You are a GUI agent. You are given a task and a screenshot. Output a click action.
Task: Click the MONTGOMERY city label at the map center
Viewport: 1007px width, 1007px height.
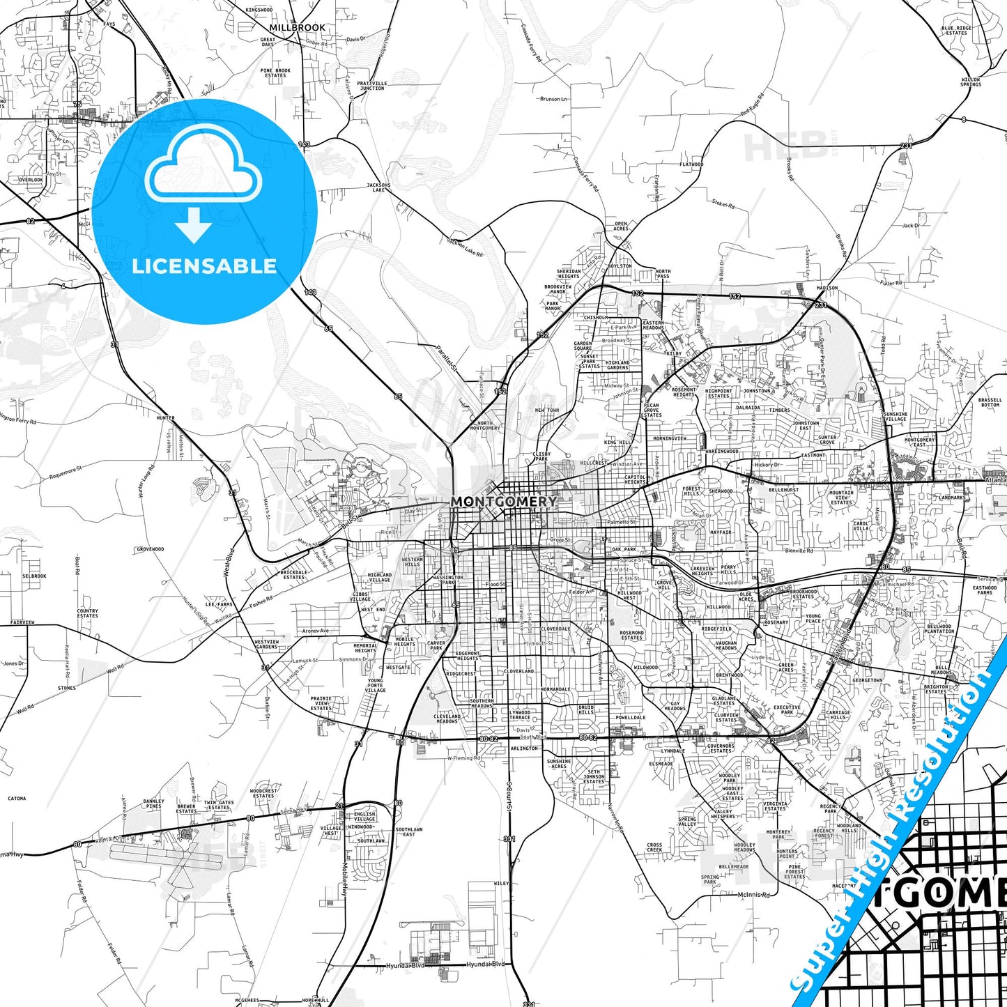(x=503, y=501)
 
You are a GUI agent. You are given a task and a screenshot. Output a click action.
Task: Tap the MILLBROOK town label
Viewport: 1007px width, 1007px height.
(x=297, y=27)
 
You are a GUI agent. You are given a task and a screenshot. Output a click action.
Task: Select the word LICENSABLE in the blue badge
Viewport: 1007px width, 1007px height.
(x=204, y=266)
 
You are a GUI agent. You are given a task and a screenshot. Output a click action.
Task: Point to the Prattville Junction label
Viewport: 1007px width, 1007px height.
(x=371, y=86)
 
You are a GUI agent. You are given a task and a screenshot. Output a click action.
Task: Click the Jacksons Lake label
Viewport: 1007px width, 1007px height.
(x=378, y=187)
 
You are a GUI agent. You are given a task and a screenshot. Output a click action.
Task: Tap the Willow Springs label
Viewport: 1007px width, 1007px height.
(x=971, y=82)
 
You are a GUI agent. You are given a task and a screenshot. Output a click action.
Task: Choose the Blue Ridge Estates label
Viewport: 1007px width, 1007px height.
(x=956, y=31)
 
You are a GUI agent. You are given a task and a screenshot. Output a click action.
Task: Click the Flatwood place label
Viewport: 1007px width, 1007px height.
(x=691, y=164)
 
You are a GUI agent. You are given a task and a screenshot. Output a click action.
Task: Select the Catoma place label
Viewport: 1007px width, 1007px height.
(x=17, y=799)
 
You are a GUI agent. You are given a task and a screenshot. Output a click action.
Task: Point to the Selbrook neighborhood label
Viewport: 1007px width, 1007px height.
(x=34, y=576)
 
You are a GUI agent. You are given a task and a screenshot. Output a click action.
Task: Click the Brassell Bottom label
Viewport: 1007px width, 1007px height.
(x=990, y=402)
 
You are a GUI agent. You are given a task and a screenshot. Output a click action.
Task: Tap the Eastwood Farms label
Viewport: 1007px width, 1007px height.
(x=985, y=590)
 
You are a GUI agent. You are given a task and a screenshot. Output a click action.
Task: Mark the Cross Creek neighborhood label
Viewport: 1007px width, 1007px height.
(x=654, y=847)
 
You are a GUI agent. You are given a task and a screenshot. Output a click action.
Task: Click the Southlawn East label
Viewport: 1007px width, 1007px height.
(x=409, y=831)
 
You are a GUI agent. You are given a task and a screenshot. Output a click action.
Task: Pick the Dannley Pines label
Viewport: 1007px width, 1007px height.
(x=154, y=804)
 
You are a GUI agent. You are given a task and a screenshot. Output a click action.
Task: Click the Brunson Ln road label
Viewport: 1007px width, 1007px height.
(x=554, y=99)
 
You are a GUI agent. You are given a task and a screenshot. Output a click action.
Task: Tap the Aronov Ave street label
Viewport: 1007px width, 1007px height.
(x=315, y=631)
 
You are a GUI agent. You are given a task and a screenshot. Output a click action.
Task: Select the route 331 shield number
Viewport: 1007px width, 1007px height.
(x=509, y=839)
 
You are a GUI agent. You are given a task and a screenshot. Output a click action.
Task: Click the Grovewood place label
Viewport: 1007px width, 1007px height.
(x=150, y=549)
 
